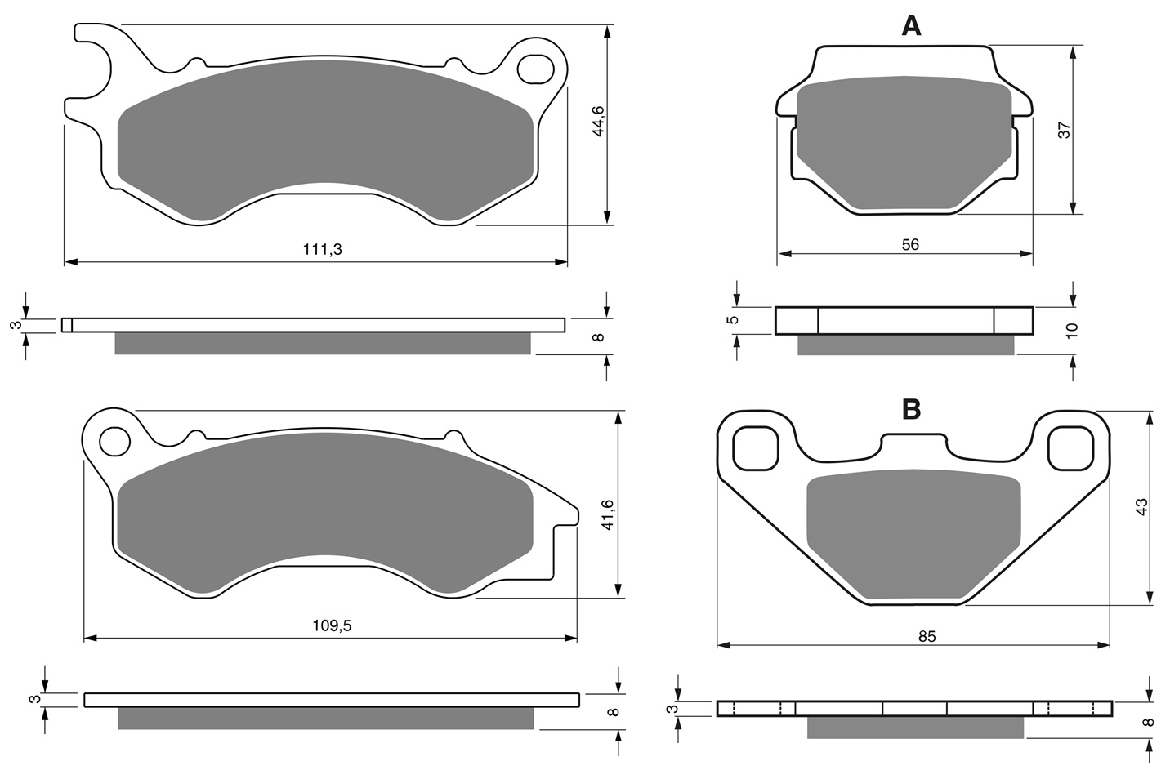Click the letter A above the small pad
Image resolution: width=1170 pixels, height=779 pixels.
click(911, 25)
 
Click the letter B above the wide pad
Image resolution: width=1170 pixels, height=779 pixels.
click(912, 410)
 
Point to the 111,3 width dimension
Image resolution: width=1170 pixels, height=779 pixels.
click(322, 250)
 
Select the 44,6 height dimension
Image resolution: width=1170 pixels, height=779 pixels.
click(598, 121)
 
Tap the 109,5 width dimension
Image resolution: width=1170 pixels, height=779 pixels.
click(332, 625)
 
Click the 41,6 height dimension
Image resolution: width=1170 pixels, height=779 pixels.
click(607, 514)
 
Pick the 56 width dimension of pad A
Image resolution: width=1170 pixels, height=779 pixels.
click(910, 245)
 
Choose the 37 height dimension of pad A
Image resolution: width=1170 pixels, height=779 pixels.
click(1064, 130)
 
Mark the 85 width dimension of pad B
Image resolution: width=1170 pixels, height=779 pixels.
click(927, 636)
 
